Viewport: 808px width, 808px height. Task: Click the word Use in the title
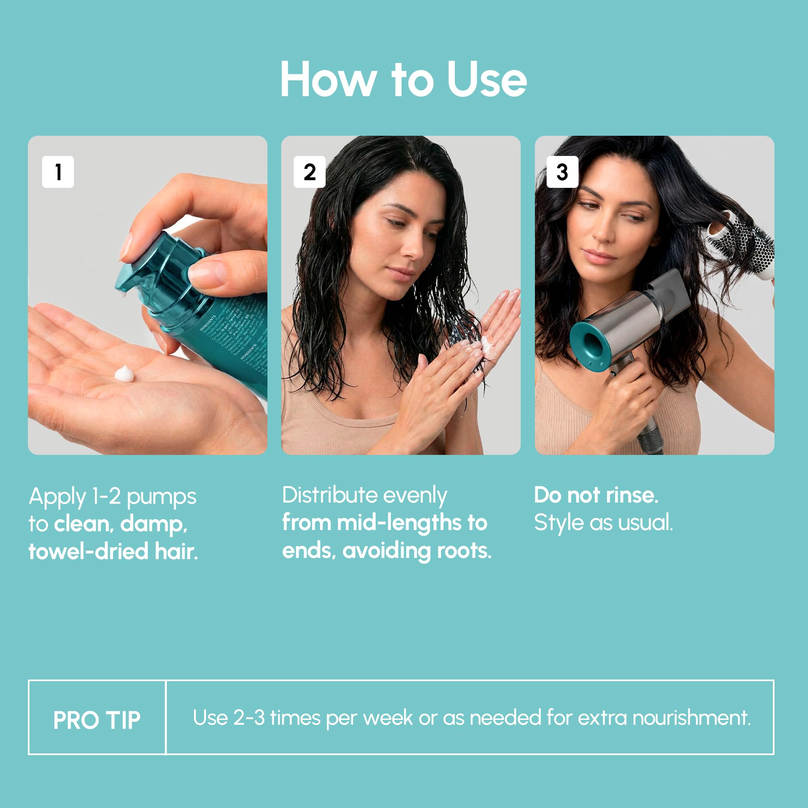[486, 80]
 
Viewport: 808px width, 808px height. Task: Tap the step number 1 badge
[58, 172]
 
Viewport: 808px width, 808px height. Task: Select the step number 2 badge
[309, 172]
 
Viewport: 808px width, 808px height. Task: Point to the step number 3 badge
[562, 172]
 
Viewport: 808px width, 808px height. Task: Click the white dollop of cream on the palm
[124, 373]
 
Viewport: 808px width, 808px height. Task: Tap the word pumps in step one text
[161, 497]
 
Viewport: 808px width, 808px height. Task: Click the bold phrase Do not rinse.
[596, 495]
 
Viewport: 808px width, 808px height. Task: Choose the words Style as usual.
[603, 523]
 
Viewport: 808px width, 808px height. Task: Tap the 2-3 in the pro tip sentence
[249, 718]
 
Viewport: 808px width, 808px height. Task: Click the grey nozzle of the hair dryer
[669, 293]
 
